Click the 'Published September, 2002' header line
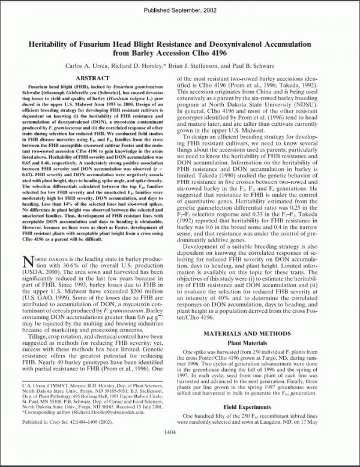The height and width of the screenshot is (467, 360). (x=179, y=11)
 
